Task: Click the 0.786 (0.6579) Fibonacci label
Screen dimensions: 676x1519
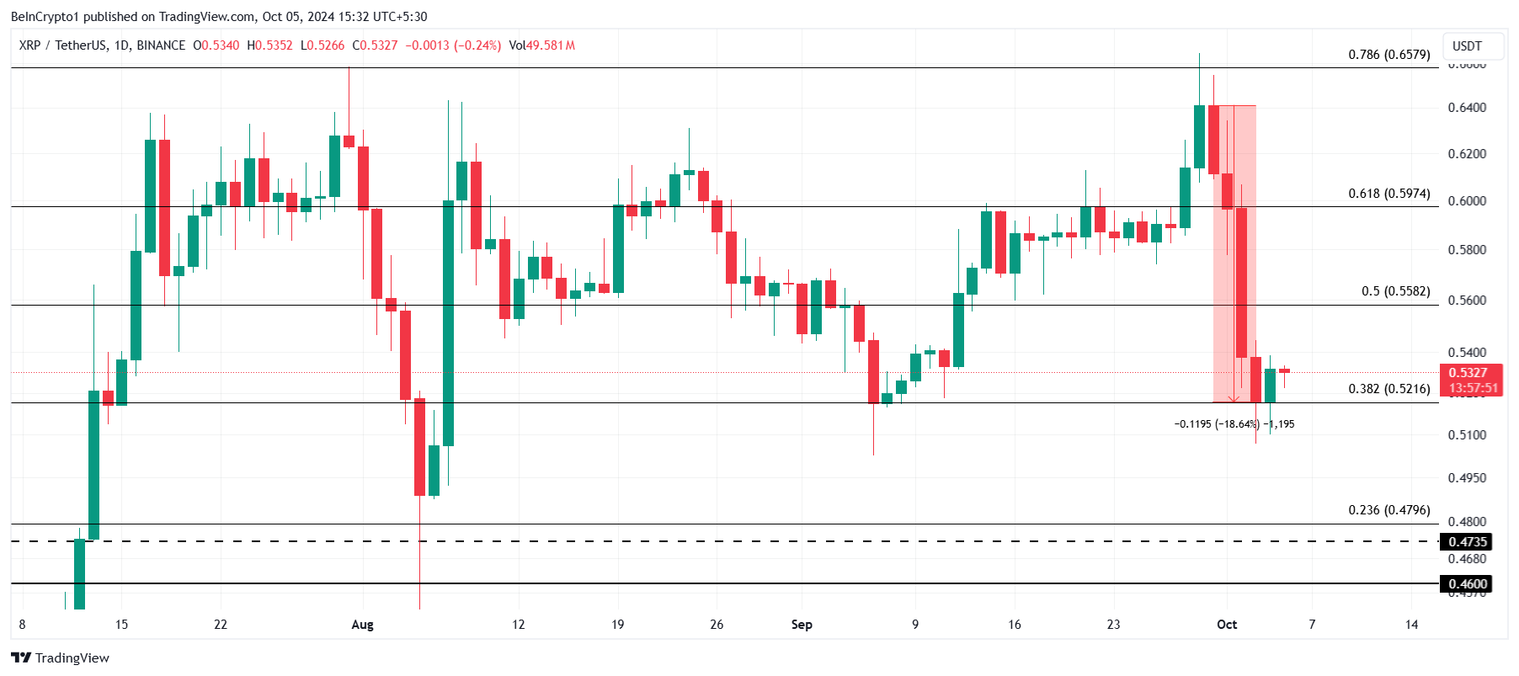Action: pyautogui.click(x=1388, y=55)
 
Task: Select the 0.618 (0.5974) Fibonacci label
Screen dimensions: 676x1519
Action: pyautogui.click(x=1388, y=194)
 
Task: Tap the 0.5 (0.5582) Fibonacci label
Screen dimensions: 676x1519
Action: pyautogui.click(x=1395, y=291)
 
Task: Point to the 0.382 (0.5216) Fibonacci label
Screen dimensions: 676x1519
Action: pyautogui.click(x=1388, y=389)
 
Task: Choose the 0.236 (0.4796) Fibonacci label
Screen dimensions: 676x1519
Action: pyautogui.click(x=1388, y=510)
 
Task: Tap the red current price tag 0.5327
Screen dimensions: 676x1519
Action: pyautogui.click(x=1468, y=373)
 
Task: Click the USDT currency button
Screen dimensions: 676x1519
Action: pyautogui.click(x=1467, y=46)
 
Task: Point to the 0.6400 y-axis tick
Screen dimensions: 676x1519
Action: pyautogui.click(x=1467, y=108)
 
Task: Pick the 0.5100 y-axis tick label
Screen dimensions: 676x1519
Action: pyautogui.click(x=1467, y=435)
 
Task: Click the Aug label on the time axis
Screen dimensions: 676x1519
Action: pyautogui.click(x=362, y=625)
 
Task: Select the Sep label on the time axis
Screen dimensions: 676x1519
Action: pyautogui.click(x=802, y=625)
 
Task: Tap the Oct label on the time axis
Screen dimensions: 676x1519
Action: pyautogui.click(x=1227, y=625)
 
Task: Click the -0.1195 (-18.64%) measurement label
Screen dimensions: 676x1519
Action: pyautogui.click(x=1217, y=424)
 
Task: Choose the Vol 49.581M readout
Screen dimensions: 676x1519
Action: pyautogui.click(x=542, y=45)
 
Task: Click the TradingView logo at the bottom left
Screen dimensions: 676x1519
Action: pyautogui.click(x=61, y=658)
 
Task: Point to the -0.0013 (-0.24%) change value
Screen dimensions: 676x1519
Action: pyautogui.click(x=453, y=45)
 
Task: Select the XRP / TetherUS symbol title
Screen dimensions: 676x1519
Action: pyautogui.click(x=102, y=45)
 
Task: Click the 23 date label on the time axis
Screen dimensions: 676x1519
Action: pyautogui.click(x=1113, y=625)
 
